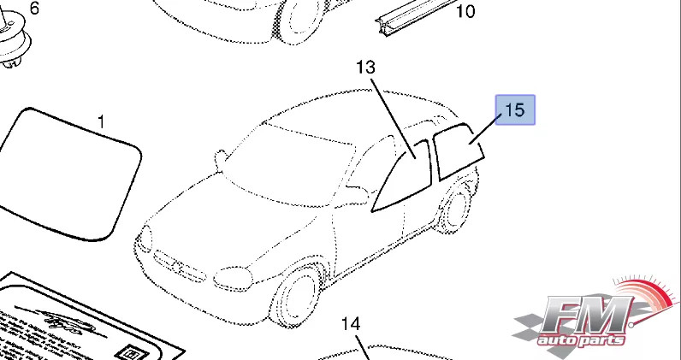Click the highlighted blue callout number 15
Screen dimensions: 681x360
[515, 110]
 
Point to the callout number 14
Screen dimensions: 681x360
[351, 324]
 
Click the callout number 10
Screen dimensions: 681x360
[465, 11]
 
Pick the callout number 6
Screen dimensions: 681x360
[34, 9]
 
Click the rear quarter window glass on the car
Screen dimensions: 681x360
[459, 152]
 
